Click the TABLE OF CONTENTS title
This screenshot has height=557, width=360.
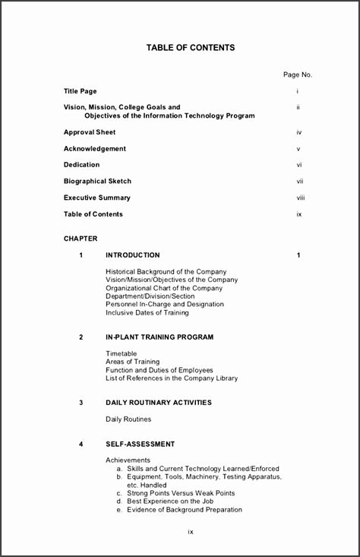191,48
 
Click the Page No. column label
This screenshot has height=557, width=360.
298,74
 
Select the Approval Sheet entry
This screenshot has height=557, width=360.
90,132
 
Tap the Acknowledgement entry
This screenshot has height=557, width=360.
95,149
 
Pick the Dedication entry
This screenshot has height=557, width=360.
81,165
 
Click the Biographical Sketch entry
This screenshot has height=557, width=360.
97,182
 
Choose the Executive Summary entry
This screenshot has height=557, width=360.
97,198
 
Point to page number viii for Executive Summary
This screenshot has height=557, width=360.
300,198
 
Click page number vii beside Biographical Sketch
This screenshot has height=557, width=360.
300,182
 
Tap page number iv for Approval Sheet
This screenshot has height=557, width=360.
299,132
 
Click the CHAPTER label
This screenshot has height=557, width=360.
81,239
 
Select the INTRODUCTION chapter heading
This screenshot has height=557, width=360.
133,255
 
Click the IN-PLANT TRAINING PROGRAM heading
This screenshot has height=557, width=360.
159,337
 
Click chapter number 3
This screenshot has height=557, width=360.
81,403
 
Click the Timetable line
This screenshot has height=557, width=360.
122,353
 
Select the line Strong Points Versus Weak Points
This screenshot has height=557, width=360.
175,493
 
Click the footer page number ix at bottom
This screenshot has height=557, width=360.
191,531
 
